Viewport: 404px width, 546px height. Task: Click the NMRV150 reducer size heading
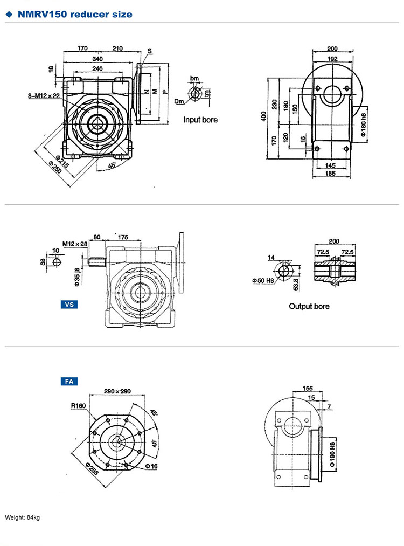pyautogui.click(x=74, y=15)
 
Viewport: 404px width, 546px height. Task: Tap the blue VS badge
pyautogui.click(x=69, y=305)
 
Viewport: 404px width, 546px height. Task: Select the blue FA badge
pyautogui.click(x=69, y=382)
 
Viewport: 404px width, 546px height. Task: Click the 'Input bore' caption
pyautogui.click(x=200, y=120)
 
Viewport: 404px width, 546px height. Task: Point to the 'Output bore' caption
pyautogui.click(x=309, y=306)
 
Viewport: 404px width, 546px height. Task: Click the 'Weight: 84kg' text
pyautogui.click(x=23, y=518)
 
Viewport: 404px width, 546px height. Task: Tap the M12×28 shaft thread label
pyautogui.click(x=74, y=244)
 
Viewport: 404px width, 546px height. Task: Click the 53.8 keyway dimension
pyautogui.click(x=295, y=284)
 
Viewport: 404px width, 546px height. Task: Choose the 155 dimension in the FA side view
pyautogui.click(x=308, y=388)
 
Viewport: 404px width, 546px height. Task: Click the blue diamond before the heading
pyautogui.click(x=9, y=15)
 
